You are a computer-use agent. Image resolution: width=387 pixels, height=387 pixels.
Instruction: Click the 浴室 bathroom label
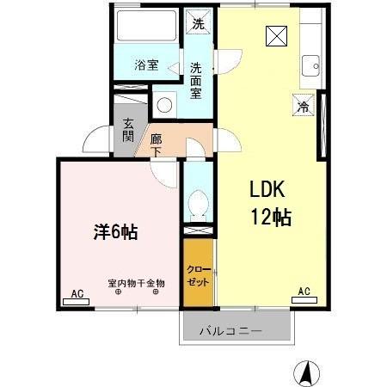[145, 64]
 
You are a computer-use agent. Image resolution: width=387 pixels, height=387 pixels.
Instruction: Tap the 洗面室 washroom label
[197, 80]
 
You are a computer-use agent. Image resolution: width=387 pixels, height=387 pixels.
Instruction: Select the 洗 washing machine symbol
[198, 23]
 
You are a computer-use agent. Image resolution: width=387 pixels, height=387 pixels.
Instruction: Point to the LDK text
[267, 189]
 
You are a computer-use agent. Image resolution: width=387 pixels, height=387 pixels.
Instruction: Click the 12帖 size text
[270, 217]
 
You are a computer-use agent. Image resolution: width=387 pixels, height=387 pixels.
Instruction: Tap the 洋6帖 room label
[117, 232]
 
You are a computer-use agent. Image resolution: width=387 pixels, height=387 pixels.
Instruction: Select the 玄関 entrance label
[128, 130]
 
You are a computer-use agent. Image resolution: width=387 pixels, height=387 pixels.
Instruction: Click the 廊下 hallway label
[156, 144]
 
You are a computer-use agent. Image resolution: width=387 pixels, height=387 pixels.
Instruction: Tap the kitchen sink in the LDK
[310, 65]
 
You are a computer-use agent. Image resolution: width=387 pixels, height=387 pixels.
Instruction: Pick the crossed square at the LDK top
[277, 36]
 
